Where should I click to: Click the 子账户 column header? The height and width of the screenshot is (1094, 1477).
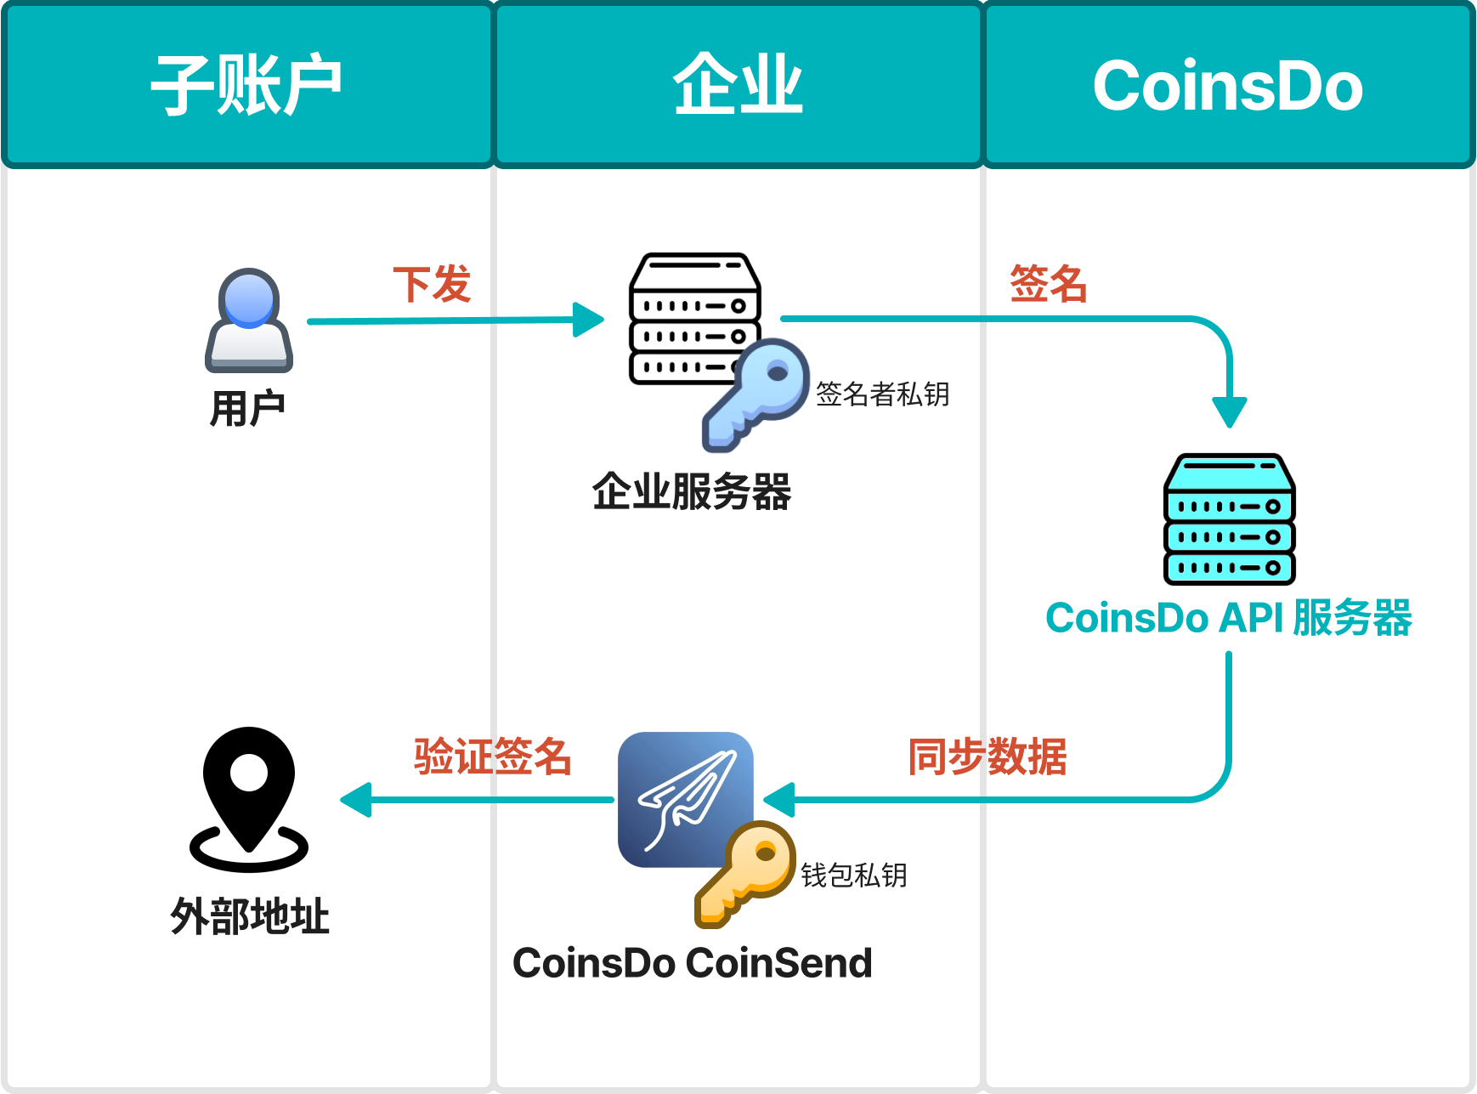click(246, 85)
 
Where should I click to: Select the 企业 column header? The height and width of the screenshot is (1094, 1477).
click(738, 85)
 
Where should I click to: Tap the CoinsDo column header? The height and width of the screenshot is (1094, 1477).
click(1228, 85)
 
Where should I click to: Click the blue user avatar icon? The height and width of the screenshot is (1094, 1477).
click(248, 320)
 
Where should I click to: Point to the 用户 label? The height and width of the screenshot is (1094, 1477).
click(247, 409)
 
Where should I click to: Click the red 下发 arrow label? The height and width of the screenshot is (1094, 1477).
click(432, 284)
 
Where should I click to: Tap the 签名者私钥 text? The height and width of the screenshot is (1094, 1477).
click(883, 394)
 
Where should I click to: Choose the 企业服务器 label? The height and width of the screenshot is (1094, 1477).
click(692, 492)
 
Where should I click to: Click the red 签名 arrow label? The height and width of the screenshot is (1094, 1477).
click(1048, 284)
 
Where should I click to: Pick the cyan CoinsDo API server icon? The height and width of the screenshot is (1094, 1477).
click(1229, 519)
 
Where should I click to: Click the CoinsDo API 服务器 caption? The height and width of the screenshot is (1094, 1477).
click(1229, 618)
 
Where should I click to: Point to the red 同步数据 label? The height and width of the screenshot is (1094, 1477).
click(987, 757)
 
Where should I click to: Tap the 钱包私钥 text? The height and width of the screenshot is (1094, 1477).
click(854, 876)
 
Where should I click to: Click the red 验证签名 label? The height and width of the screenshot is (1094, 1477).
click(493, 757)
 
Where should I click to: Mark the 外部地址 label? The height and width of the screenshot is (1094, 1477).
click(250, 917)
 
